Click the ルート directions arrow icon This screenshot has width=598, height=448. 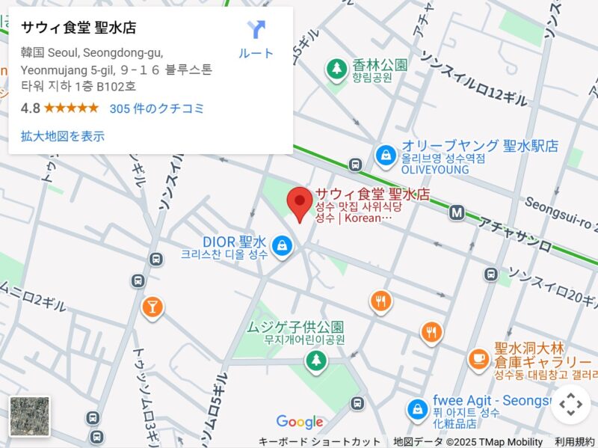(256, 30)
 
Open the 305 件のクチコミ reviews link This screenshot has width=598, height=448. (157, 108)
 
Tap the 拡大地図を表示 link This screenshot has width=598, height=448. (63, 136)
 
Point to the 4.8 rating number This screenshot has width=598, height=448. (30, 108)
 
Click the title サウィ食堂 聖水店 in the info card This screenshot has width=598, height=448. (78, 28)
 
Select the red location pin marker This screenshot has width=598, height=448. (300, 203)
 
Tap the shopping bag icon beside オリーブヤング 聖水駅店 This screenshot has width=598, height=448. (386, 156)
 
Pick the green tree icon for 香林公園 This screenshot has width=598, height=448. (337, 70)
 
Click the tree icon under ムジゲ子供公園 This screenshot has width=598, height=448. (316, 361)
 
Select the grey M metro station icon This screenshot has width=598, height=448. (457, 213)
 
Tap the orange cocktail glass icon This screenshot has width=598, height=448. (152, 306)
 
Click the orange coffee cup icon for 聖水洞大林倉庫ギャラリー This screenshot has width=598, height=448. (478, 359)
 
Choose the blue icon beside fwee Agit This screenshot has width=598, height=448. (416, 409)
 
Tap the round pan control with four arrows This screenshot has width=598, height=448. (570, 405)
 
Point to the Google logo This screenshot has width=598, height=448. (300, 423)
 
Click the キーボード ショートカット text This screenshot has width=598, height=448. (319, 441)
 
